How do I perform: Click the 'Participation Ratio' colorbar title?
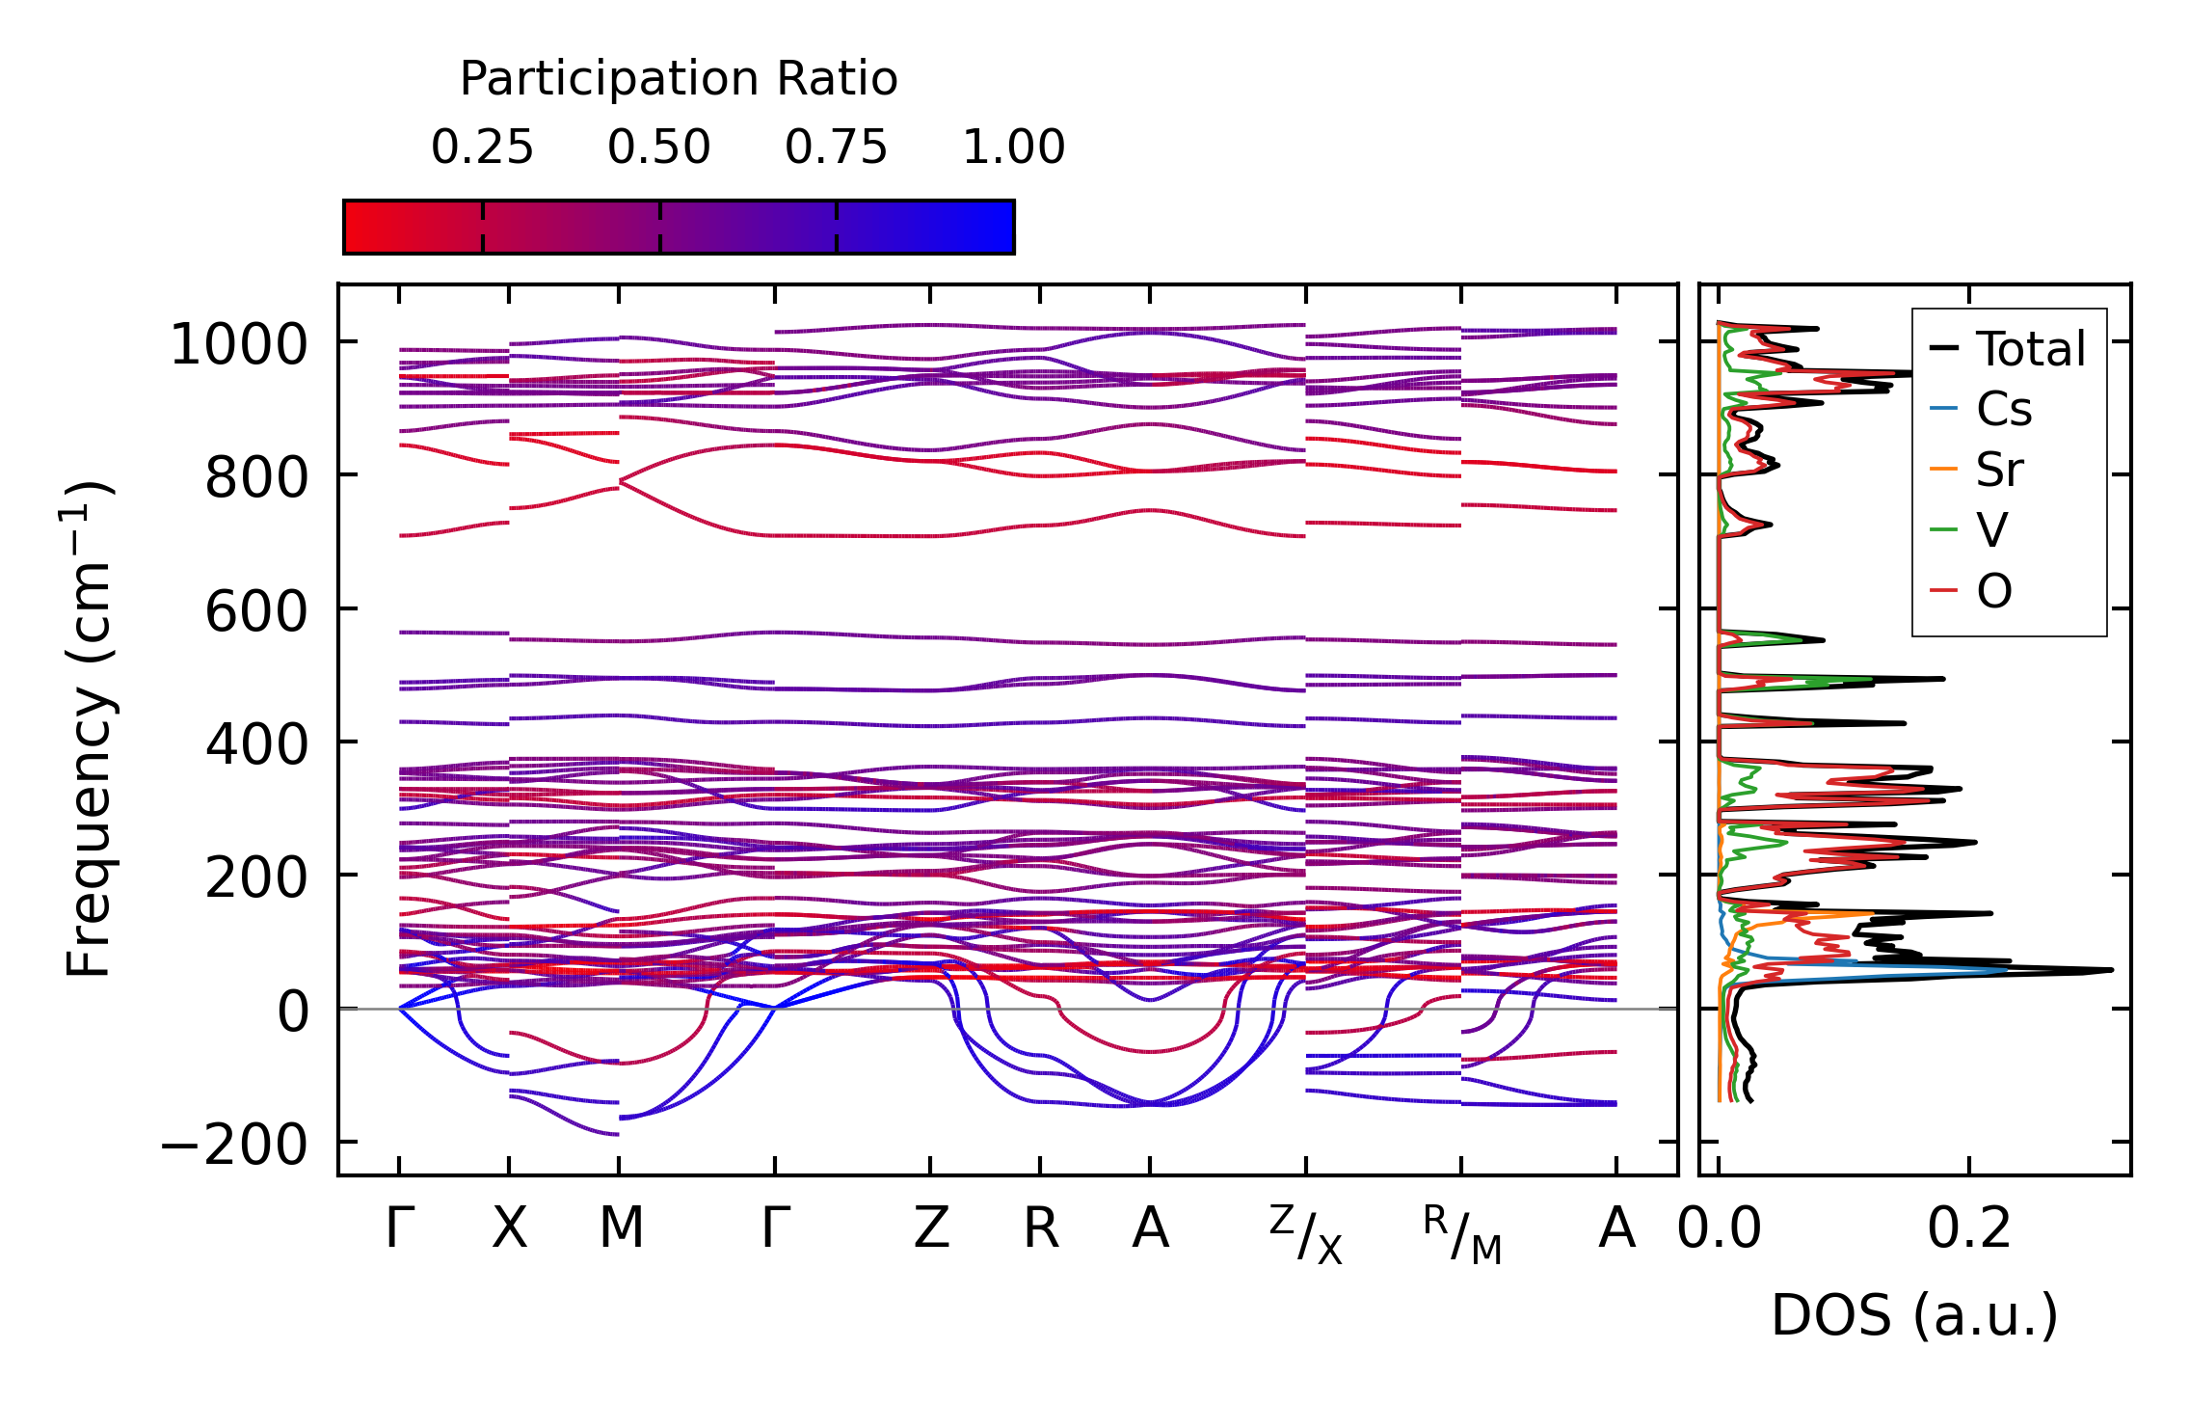(x=679, y=79)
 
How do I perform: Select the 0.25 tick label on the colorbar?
(x=482, y=148)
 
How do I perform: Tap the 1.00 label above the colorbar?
(x=1013, y=148)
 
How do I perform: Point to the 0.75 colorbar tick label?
(x=836, y=148)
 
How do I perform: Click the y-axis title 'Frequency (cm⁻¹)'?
(x=89, y=729)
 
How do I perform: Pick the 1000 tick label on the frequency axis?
(x=238, y=344)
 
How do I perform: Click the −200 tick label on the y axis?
(x=234, y=1145)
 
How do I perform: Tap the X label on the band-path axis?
(x=509, y=1228)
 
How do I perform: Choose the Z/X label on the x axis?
(x=1306, y=1234)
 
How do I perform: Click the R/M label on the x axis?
(x=1462, y=1234)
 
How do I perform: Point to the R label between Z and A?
(x=1041, y=1228)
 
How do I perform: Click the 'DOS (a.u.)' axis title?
(x=1914, y=1315)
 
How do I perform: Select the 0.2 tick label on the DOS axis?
(x=1969, y=1228)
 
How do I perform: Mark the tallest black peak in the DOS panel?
(x=2110, y=969)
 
